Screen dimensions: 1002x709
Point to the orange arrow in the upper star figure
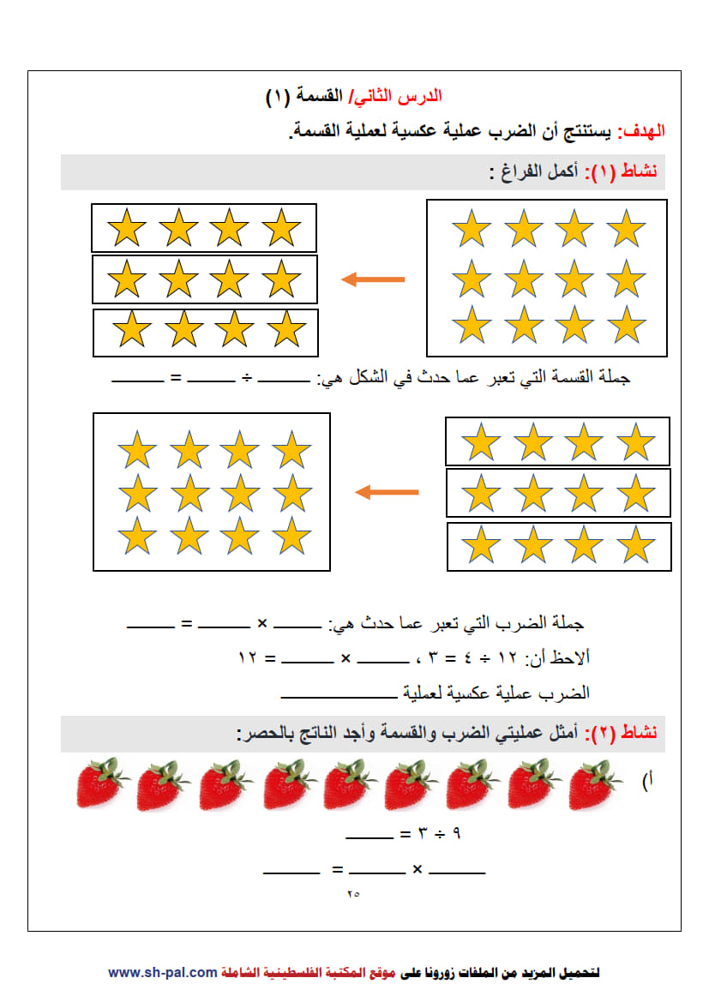pos(373,279)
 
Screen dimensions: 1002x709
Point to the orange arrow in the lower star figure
pos(387,492)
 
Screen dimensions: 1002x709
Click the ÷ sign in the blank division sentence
pos(247,378)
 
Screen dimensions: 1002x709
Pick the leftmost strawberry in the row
pos(101,783)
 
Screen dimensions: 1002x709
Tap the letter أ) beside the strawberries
pos(647,780)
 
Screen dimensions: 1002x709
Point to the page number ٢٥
pos(353,894)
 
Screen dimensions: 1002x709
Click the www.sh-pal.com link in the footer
pos(163,973)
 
